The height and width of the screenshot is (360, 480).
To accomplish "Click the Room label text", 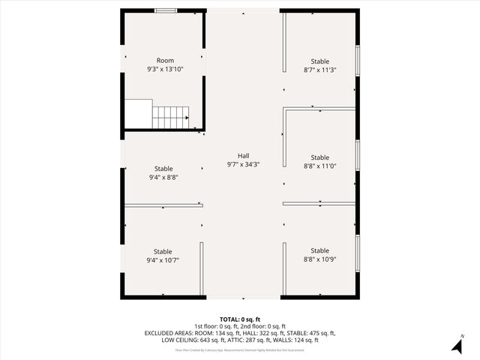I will click(x=165, y=61).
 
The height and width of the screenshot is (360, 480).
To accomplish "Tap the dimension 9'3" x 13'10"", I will click(x=165, y=69).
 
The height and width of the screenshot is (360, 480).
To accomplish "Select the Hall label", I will click(x=244, y=156).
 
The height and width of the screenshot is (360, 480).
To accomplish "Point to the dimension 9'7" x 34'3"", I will click(x=244, y=164).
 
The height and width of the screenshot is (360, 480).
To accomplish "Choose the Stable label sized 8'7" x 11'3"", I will click(x=319, y=61).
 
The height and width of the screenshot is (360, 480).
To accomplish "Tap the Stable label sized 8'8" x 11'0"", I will click(x=319, y=157).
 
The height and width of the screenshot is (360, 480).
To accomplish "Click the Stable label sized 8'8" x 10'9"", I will click(x=319, y=251).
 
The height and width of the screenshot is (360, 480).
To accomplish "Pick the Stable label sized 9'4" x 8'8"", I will click(x=163, y=169).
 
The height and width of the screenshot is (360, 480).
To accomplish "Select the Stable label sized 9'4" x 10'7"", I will click(x=163, y=252).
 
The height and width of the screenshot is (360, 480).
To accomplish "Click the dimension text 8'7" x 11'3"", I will click(x=319, y=70).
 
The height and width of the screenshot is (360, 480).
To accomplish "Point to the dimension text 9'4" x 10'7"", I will click(x=163, y=260).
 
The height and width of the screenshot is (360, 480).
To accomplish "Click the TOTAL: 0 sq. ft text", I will click(x=240, y=319).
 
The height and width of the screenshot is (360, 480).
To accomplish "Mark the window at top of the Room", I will click(x=166, y=10).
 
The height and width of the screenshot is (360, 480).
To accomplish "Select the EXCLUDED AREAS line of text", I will click(x=240, y=333).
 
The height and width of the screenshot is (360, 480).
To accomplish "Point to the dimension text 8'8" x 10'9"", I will click(x=319, y=259).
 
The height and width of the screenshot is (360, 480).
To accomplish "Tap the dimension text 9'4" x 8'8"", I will click(x=163, y=178).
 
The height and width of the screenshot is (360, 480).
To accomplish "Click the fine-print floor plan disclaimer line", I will click(x=240, y=349).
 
